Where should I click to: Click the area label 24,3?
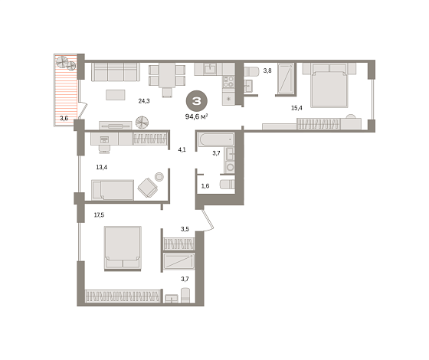144,101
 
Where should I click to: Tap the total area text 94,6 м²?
196,116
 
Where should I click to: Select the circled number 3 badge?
197,101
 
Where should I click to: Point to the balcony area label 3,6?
64,118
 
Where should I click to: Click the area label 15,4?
296,108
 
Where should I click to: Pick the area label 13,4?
101,167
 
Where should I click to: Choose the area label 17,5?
99,215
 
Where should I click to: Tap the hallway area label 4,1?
182,149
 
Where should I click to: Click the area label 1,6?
205,186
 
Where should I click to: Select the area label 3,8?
267,70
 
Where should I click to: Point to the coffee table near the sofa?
116,95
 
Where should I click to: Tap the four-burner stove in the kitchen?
229,82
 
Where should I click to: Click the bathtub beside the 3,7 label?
216,140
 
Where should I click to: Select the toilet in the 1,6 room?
228,184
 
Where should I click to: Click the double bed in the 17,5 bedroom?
123,248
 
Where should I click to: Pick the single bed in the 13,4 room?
113,190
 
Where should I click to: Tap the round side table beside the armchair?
159,177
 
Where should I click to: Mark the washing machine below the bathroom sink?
231,167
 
